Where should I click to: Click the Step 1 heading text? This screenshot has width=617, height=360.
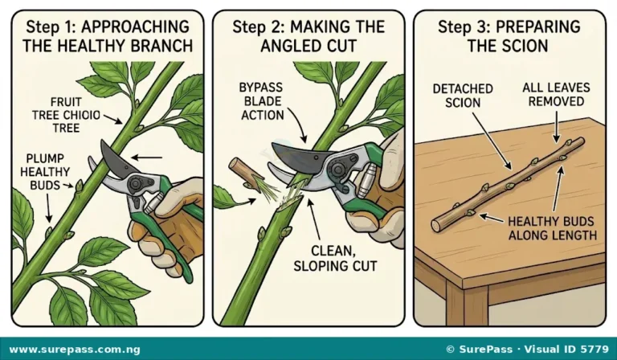tap(108, 36)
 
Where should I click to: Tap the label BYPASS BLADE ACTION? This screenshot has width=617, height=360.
tap(262, 101)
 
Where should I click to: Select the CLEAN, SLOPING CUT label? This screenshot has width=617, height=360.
tap(335, 258)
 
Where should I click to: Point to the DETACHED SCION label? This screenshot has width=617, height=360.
tap(463, 96)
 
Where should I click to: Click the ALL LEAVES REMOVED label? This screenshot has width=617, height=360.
tap(556, 95)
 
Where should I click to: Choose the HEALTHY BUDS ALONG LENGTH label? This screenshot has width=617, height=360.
tap(553, 228)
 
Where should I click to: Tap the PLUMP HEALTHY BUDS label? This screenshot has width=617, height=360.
tap(44, 172)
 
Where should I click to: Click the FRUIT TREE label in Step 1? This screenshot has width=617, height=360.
tap(66, 115)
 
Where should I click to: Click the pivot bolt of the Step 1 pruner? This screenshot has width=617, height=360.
tap(136, 184)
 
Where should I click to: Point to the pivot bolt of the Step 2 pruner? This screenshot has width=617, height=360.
tap(338, 170)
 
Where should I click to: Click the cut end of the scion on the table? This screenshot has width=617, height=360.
tap(436, 226)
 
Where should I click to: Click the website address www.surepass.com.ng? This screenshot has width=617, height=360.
tap(75, 350)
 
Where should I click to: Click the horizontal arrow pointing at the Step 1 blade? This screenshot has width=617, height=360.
tap(146, 157)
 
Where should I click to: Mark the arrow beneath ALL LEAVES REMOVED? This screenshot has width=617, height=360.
tap(556, 127)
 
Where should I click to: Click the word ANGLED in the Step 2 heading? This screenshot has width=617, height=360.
tap(288, 46)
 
